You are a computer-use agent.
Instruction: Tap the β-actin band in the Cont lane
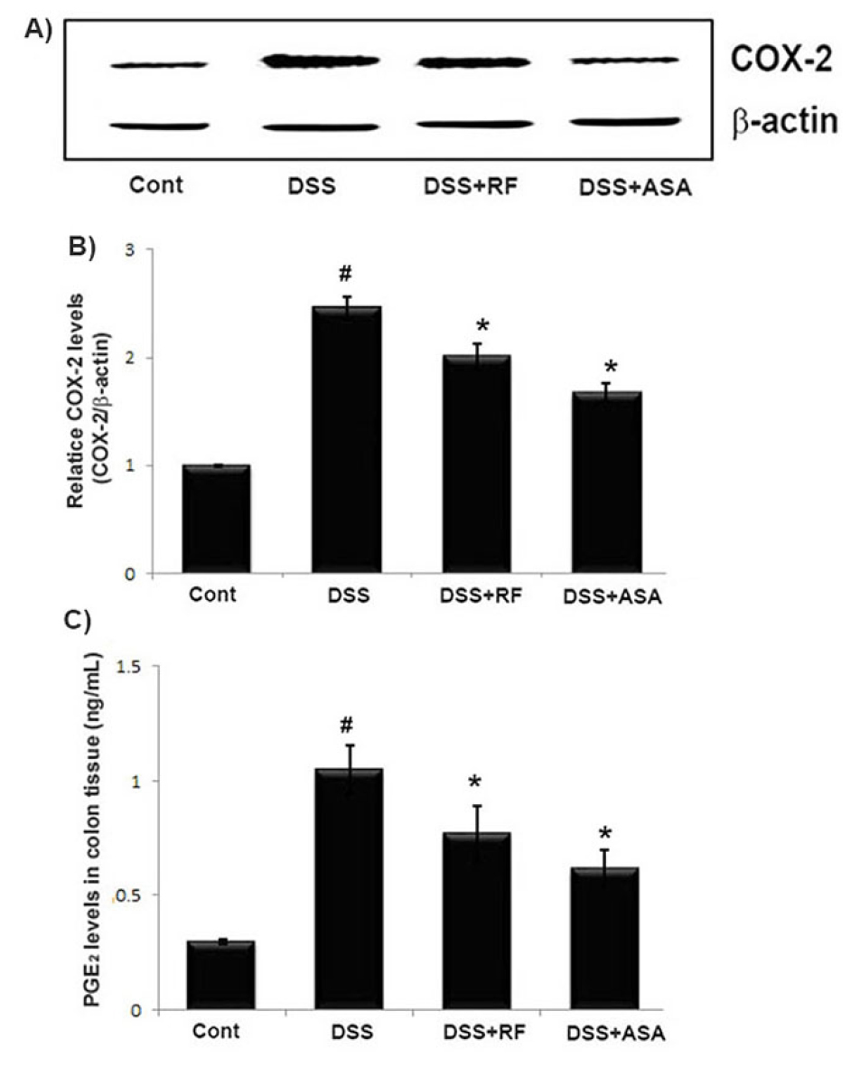pos(159,125)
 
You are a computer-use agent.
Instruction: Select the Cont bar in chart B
pos(216,520)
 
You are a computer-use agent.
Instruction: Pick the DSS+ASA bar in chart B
pos(606,482)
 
